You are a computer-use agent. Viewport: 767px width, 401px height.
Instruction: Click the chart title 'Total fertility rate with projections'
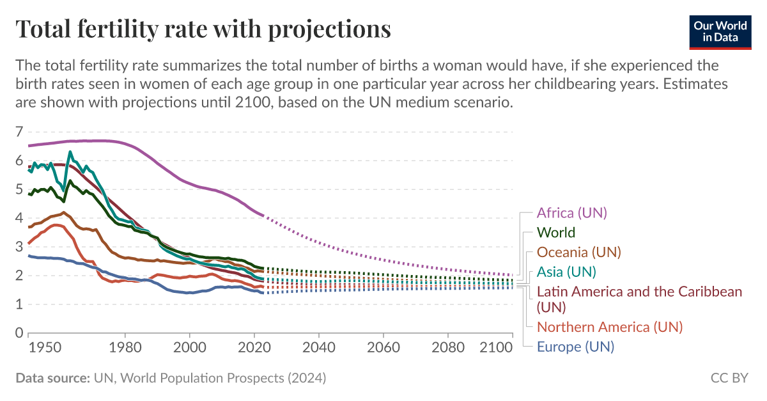(203, 29)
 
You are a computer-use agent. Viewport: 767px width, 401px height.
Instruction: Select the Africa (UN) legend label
(572, 213)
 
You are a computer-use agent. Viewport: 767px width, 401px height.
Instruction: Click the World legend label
(555, 233)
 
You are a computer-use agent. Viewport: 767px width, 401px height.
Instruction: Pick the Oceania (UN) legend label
(578, 252)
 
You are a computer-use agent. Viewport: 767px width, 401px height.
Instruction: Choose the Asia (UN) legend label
(566, 272)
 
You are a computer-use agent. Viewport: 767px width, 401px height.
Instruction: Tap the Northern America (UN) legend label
(610, 327)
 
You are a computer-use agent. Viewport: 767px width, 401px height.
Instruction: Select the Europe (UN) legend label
(575, 347)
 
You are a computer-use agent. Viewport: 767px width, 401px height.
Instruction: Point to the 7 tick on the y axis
(19, 132)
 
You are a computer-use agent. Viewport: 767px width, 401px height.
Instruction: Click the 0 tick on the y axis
(19, 333)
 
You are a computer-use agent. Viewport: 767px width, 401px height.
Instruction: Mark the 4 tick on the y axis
(19, 219)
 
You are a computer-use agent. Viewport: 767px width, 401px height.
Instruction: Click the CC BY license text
(729, 379)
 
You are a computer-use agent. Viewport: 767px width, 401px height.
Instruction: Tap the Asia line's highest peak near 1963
(70, 152)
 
